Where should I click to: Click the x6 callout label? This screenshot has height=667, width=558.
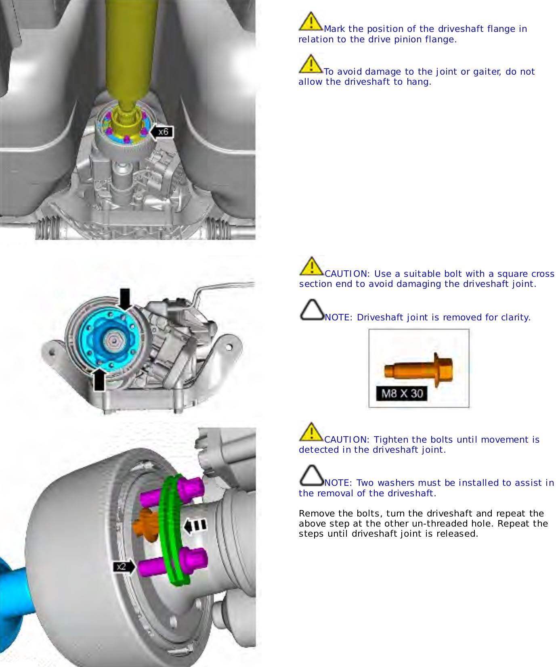click(x=163, y=132)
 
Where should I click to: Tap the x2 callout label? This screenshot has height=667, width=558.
click(x=121, y=567)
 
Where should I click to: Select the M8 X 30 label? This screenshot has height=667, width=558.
click(x=402, y=393)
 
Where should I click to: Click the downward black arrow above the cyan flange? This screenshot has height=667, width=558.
click(x=125, y=298)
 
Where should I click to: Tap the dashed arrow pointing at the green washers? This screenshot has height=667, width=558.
click(x=195, y=525)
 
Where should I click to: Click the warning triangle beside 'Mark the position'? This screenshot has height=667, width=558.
click(x=310, y=22)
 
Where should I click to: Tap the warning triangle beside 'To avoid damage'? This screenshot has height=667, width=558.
click(x=310, y=64)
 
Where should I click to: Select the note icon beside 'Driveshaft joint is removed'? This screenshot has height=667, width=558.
click(x=312, y=310)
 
